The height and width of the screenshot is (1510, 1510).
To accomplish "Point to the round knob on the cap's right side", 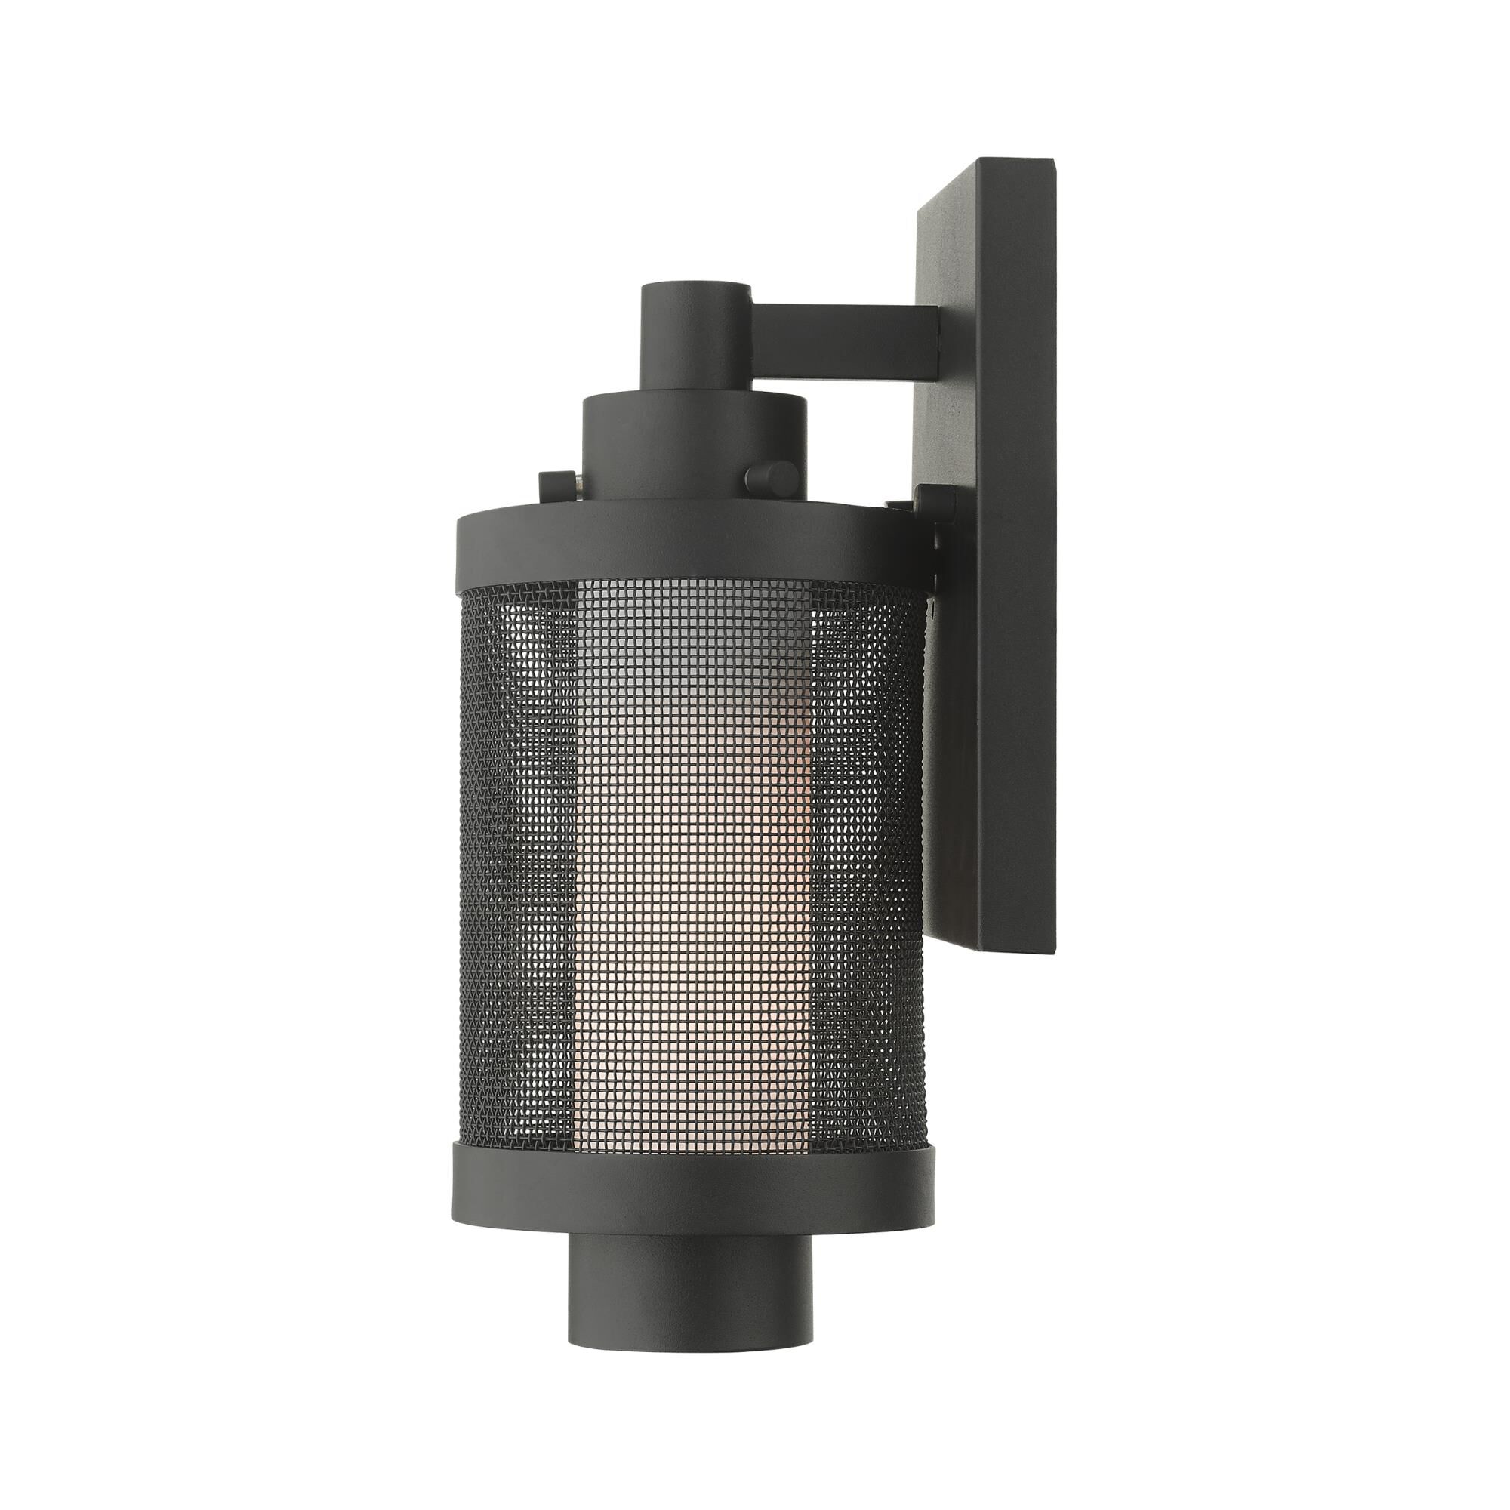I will coord(770,475).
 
